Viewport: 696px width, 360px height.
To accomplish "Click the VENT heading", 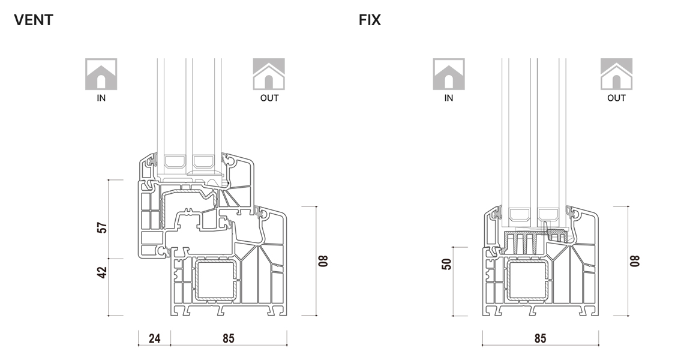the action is (34, 20).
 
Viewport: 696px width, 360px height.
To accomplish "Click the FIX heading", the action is (370, 20).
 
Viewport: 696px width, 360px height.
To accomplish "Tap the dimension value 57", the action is (103, 228).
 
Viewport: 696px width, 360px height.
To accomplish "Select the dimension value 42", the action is (103, 272).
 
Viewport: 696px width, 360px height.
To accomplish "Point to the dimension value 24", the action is (154, 338).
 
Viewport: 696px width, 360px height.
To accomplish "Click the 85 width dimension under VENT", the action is (228, 338).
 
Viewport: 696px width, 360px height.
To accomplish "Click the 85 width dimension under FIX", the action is (540, 338).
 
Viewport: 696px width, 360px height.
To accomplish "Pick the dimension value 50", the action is (448, 264).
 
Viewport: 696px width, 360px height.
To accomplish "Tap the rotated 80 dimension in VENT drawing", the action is (324, 261).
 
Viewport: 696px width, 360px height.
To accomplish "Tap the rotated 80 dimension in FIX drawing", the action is (635, 261).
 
